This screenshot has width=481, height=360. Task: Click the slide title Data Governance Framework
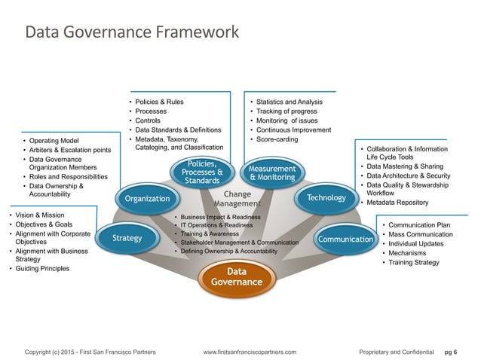point(132,33)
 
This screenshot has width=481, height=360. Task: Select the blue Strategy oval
point(127,238)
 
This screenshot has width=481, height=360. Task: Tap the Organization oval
point(146,198)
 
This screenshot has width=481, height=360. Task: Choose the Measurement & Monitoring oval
point(271,172)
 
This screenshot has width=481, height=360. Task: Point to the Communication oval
point(346,239)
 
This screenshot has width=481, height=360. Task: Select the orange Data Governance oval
point(237,276)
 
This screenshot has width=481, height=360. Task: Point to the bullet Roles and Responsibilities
point(69,176)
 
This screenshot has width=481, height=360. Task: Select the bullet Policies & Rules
point(159,101)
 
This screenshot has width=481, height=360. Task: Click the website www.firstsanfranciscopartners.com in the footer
point(250,352)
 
